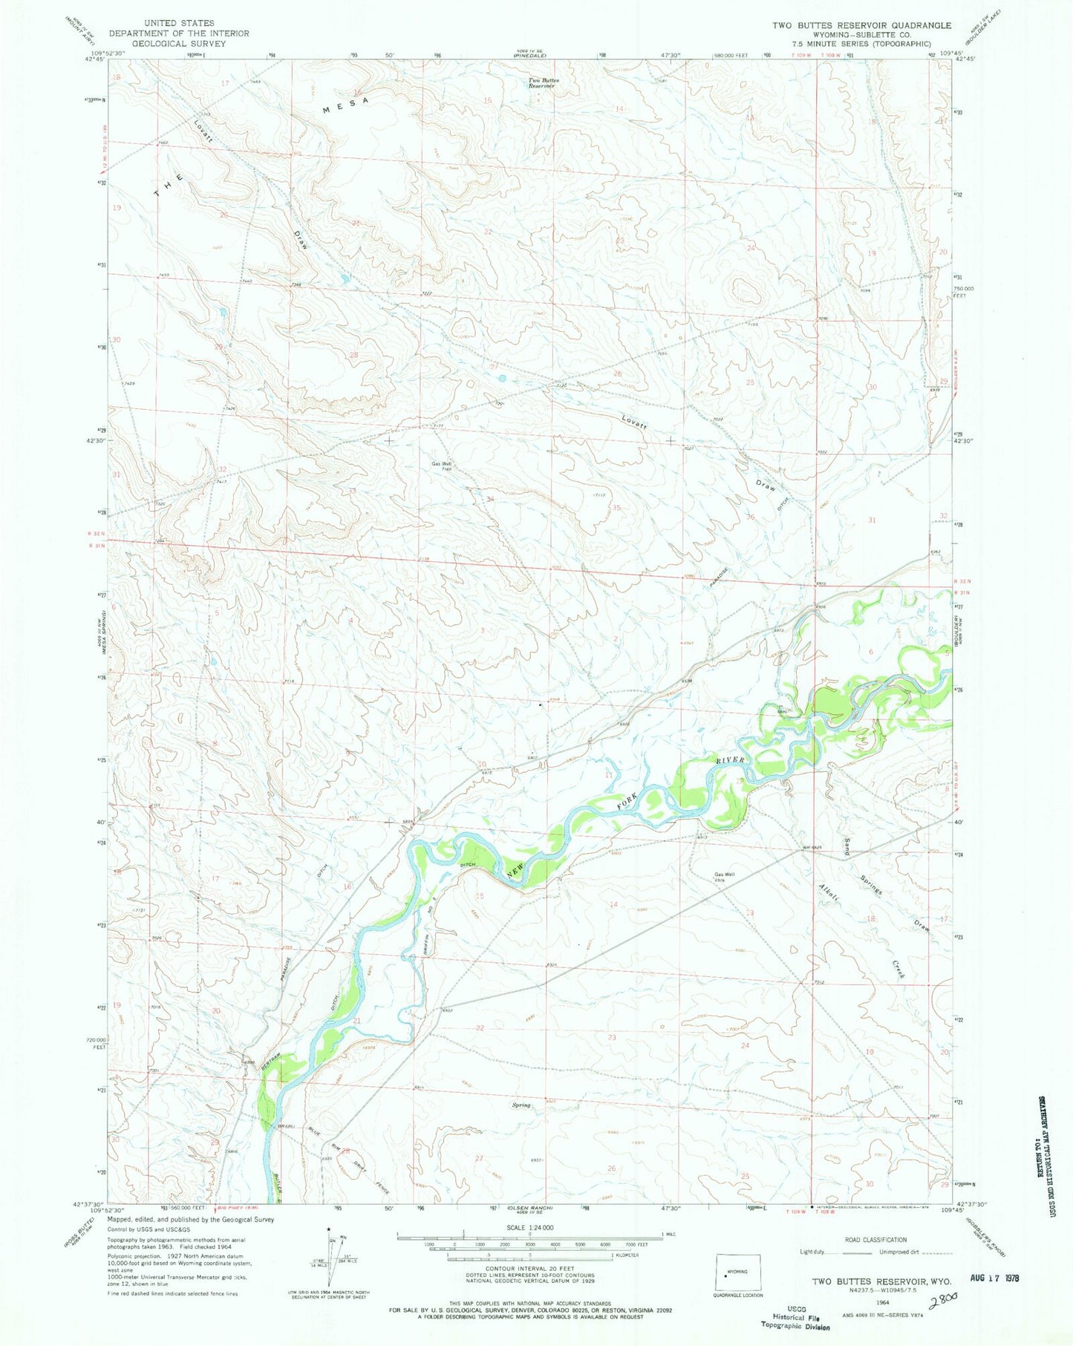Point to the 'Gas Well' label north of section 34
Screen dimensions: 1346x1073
(x=442, y=465)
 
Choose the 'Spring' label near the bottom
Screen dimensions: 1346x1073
(x=521, y=1105)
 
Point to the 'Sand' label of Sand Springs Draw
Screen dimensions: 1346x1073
(x=847, y=846)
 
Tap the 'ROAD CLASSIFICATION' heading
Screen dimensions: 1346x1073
(x=875, y=1240)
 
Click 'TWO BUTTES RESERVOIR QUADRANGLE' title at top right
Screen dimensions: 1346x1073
(x=861, y=25)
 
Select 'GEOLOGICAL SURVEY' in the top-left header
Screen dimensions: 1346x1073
(x=179, y=44)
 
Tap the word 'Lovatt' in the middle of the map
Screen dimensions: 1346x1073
(x=636, y=423)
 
